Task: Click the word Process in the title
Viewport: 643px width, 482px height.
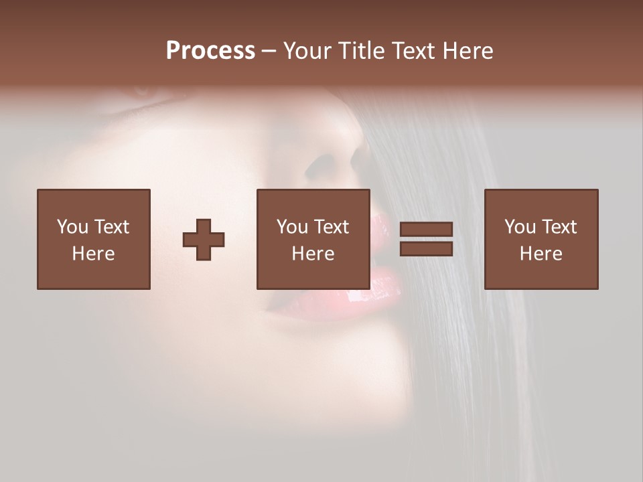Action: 210,51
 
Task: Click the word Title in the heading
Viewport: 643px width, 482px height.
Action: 360,51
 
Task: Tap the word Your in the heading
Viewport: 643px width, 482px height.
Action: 309,51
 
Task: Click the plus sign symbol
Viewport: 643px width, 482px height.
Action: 204,240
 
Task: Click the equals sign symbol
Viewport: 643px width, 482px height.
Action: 426,239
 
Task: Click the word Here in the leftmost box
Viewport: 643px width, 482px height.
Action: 93,254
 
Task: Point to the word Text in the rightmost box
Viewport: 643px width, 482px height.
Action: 559,227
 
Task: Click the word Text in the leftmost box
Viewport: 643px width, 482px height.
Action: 112,227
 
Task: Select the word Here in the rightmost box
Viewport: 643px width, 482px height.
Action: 541,254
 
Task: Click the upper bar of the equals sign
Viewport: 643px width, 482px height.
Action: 426,230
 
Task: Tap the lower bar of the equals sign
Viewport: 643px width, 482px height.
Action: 426,249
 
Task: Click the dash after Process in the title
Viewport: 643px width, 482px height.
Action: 269,51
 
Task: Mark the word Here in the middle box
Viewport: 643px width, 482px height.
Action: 313,254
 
